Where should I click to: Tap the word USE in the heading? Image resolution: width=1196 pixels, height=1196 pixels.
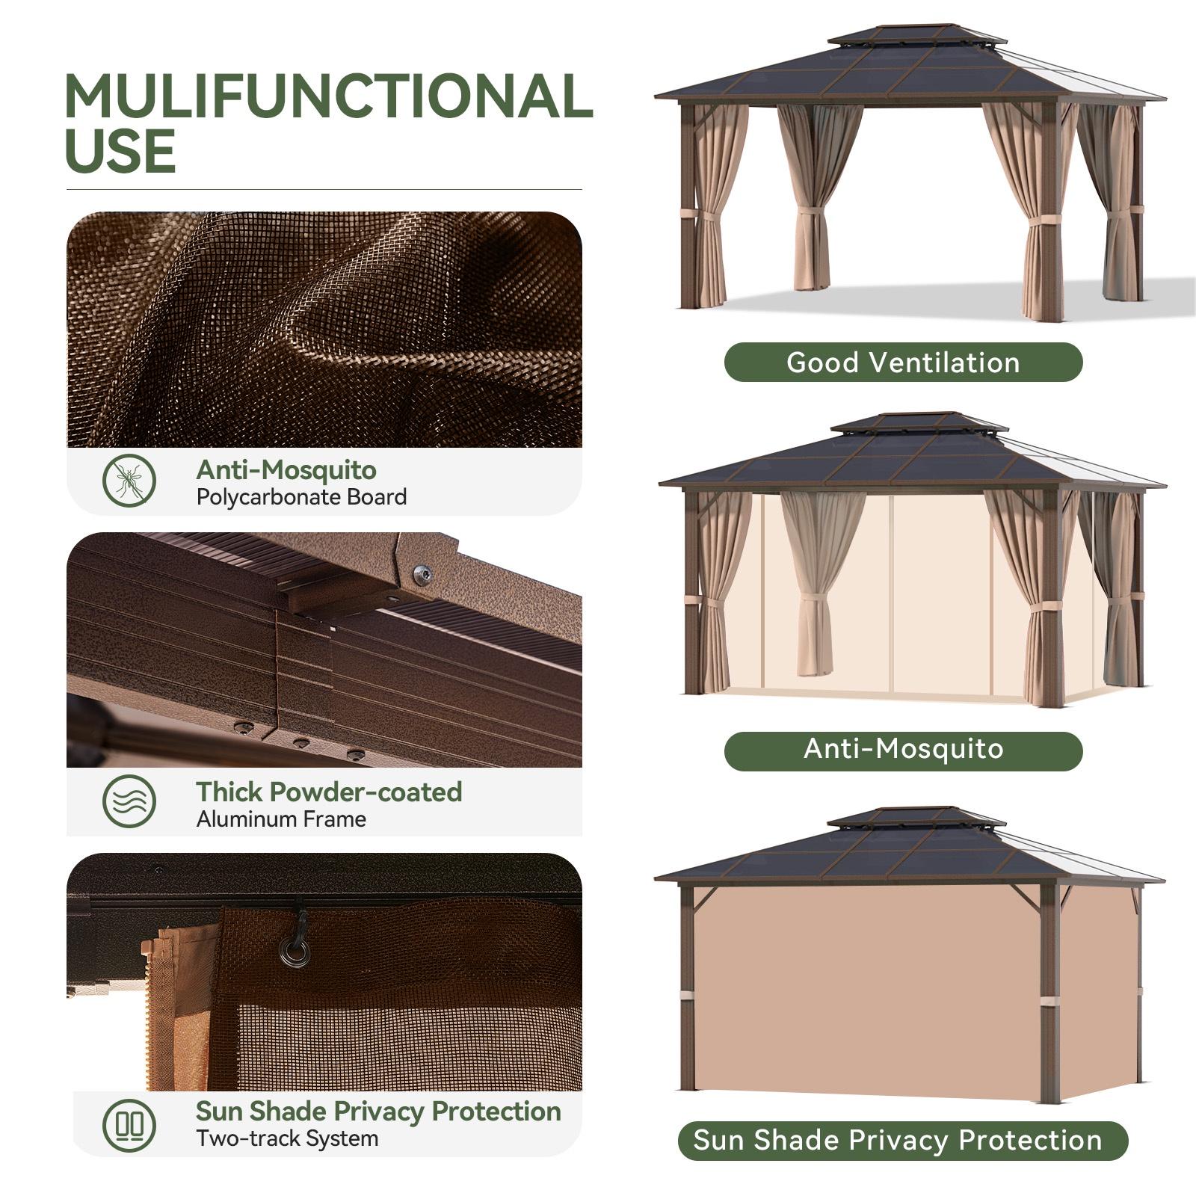click(x=120, y=152)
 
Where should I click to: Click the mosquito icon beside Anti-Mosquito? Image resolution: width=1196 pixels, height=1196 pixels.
click(x=129, y=481)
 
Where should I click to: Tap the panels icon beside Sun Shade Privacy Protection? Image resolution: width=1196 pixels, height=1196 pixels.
click(x=129, y=1124)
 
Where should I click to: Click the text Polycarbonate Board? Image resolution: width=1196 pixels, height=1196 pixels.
click(x=301, y=497)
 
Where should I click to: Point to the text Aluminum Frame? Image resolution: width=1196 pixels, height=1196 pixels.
click(x=281, y=819)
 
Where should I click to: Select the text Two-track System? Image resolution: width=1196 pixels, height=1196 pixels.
click(x=287, y=1139)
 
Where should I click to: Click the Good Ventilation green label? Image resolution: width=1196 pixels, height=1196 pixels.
click(x=903, y=363)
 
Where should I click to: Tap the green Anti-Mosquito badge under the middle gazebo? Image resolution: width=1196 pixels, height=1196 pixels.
click(x=903, y=749)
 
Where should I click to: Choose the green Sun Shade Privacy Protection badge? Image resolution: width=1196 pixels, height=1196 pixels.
click(x=902, y=1141)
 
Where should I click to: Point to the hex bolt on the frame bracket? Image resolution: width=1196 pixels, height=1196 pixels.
click(x=422, y=575)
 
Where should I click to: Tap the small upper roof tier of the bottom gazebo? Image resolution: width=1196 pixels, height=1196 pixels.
click(x=915, y=816)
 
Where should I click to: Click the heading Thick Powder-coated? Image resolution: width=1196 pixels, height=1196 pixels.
click(x=329, y=792)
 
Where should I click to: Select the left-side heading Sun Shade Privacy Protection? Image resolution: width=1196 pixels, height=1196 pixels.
click(x=378, y=1112)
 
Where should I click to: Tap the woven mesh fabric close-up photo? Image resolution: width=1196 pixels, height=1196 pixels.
click(x=324, y=330)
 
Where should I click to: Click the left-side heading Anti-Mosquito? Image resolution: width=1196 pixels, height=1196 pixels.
click(x=286, y=470)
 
